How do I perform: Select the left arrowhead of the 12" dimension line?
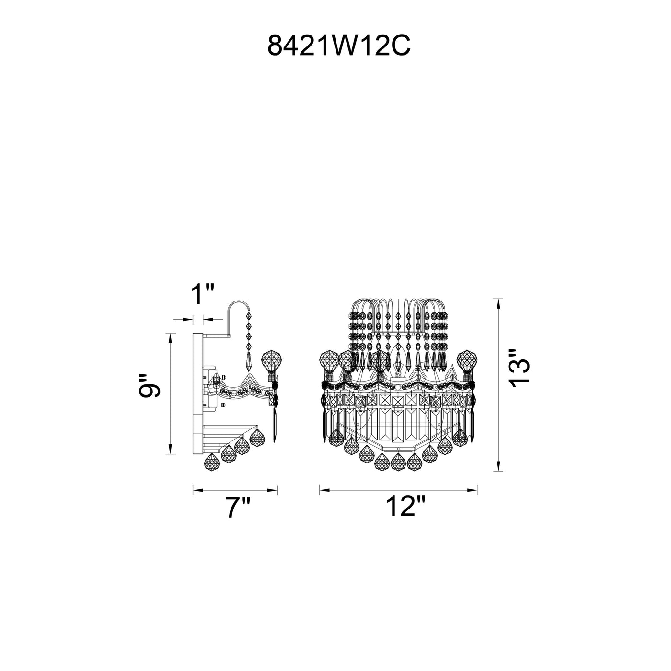click(324, 490)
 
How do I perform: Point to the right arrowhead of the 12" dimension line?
click(472, 490)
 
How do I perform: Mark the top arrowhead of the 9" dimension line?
click(170, 338)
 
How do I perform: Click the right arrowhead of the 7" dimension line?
click(272, 490)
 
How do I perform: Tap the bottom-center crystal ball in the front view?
click(398, 462)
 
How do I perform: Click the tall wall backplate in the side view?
click(197, 393)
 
